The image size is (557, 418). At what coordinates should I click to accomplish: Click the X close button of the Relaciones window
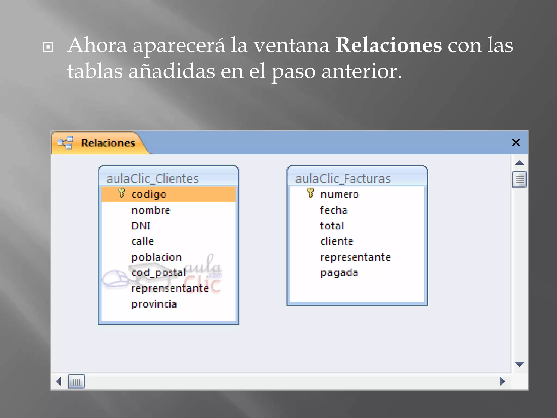point(515,142)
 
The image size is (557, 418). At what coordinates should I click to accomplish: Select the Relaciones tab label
point(108,143)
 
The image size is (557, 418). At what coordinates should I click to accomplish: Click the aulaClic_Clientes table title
point(153,179)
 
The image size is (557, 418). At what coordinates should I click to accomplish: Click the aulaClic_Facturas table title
point(343,179)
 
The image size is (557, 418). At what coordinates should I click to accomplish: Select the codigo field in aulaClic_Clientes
point(149,195)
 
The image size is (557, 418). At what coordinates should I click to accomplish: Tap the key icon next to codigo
point(122,193)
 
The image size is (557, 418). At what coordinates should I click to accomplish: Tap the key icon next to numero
point(311,193)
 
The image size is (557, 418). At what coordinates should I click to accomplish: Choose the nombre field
point(151,210)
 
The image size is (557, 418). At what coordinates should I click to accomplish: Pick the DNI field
point(141,226)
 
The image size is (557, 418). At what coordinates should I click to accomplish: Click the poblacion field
point(156,257)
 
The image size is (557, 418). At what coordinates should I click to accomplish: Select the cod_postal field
point(159,273)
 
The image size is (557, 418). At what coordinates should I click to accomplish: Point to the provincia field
point(154,304)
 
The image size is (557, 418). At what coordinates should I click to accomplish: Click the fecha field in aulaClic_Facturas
point(333,210)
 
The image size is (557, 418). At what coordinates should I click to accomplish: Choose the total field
point(332,226)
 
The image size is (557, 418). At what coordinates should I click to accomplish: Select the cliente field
point(337,242)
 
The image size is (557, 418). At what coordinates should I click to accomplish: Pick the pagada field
point(339,273)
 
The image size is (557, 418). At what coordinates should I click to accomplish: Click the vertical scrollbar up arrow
point(519,163)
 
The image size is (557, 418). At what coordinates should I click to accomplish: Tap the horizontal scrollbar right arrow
point(502,381)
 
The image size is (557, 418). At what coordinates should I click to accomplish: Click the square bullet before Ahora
point(48,47)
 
